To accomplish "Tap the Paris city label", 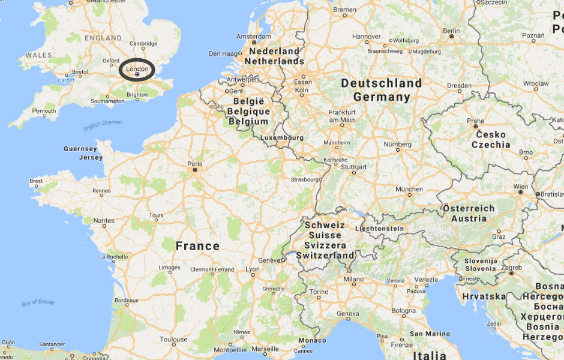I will pos(194,163).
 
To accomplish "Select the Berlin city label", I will pos(451,31).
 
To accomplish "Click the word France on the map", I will pos(197,246).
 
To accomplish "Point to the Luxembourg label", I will pos(282,137).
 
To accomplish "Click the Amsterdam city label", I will pos(254,35).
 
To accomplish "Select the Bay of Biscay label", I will pos(38,302).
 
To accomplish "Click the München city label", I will pos(409,189).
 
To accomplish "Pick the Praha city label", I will pos(476,121).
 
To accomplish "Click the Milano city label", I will pos(353,279).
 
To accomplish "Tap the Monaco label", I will pos(312,340).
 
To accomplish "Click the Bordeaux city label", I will pos(126,300).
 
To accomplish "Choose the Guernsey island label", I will pos(80,149).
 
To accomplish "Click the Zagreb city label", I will pos(512,266).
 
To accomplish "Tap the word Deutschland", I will pos(382,83).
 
